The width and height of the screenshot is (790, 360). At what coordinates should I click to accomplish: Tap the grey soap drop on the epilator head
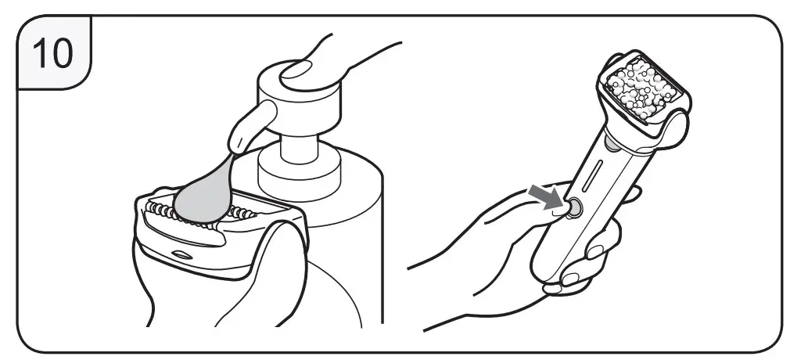click(x=205, y=198)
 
